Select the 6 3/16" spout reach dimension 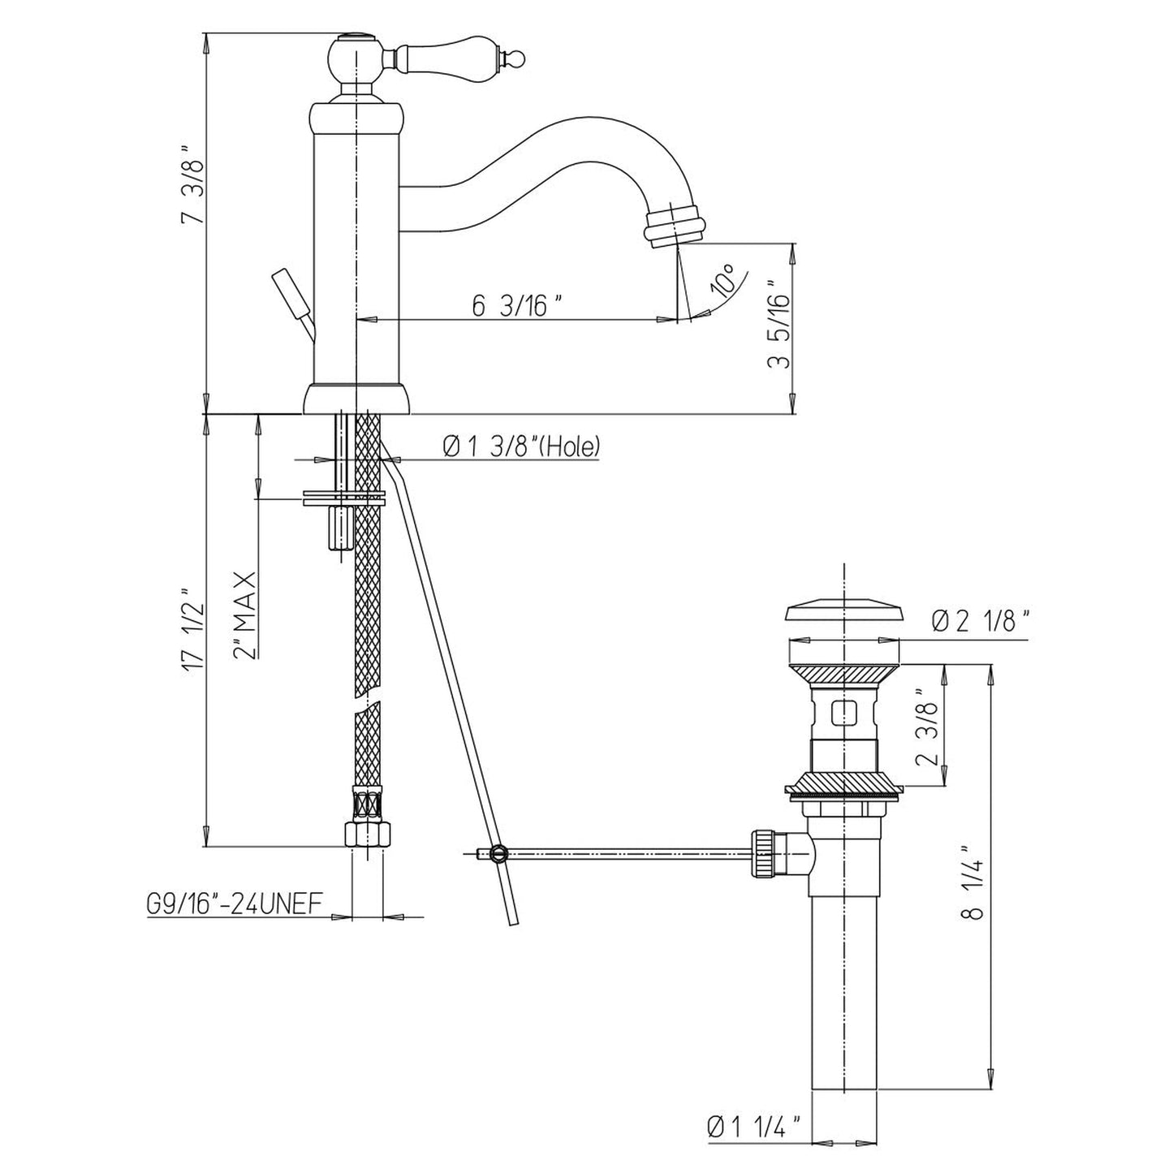pyautogui.click(x=517, y=305)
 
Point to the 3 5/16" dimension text pyautogui.click(x=778, y=324)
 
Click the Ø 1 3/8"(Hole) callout pyautogui.click(x=522, y=447)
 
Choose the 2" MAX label pyautogui.click(x=244, y=615)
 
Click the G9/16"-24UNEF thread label pyautogui.click(x=234, y=903)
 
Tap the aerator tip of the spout pyautogui.click(x=675, y=225)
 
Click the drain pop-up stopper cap pyautogui.click(x=843, y=612)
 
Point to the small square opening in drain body pyautogui.click(x=843, y=714)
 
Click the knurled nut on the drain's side pyautogui.click(x=763, y=853)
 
